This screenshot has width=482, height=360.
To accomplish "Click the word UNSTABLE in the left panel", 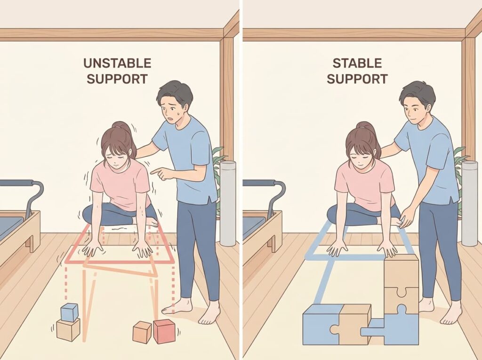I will click(117, 64).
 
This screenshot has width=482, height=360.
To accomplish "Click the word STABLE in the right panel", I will click(357, 64).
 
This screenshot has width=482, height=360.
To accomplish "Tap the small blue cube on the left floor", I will click(69, 312).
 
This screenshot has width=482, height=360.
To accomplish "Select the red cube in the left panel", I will click(164, 331).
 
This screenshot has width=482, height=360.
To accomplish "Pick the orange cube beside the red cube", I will click(142, 332).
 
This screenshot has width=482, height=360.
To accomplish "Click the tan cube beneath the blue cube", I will click(68, 329).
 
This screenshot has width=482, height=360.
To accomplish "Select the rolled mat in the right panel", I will click(469, 202).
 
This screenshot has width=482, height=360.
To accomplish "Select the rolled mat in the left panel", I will click(228, 202).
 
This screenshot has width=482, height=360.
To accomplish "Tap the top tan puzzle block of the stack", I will click(401, 271).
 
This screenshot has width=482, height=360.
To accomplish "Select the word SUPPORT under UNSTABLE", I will click(117, 79).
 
